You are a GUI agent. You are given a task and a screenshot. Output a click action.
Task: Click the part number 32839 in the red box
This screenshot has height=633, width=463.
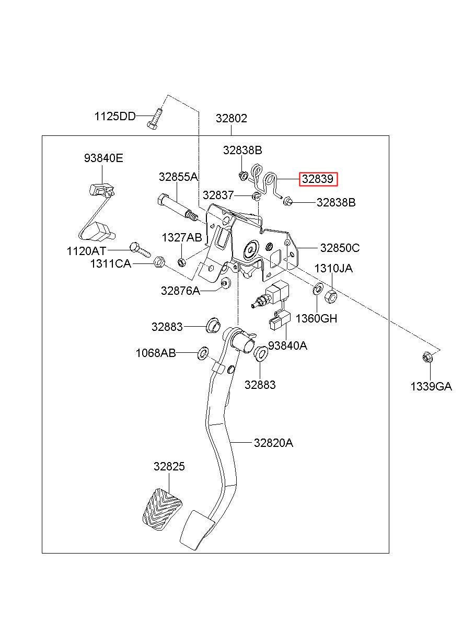tap(318, 179)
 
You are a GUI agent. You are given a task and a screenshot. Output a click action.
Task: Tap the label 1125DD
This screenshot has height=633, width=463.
tap(115, 116)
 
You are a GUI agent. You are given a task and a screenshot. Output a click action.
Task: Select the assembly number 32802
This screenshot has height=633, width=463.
tap(231, 118)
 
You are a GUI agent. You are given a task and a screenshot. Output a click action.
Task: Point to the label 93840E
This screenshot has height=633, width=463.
tap(103, 158)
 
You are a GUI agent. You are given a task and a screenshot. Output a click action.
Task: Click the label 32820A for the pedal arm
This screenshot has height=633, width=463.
tap(273, 443)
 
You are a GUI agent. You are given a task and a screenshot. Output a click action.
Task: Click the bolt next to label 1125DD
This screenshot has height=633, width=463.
tap(155, 119)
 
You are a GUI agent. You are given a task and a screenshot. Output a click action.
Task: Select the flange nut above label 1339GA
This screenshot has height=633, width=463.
tap(426, 358)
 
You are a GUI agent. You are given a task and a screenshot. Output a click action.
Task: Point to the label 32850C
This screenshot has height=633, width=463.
tap(340, 248)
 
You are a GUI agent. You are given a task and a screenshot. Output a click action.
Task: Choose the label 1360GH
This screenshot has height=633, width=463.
tap(316, 318)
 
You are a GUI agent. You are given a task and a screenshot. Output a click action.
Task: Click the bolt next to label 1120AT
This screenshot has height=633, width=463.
tap(141, 250)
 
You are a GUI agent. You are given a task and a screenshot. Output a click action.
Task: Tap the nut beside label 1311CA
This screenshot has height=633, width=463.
tap(159, 262)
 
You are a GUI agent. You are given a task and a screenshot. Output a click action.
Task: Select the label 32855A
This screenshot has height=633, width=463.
tap(178, 177)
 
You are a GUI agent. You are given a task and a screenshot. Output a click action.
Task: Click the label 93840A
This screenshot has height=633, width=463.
tap(287, 346)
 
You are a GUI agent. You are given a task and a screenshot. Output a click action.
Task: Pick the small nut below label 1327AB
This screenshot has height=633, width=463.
tap(181, 262)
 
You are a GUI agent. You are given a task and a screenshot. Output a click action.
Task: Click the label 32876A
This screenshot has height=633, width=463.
tap(180, 291)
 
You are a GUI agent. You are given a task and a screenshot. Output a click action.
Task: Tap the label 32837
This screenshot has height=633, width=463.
tap(218, 195)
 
